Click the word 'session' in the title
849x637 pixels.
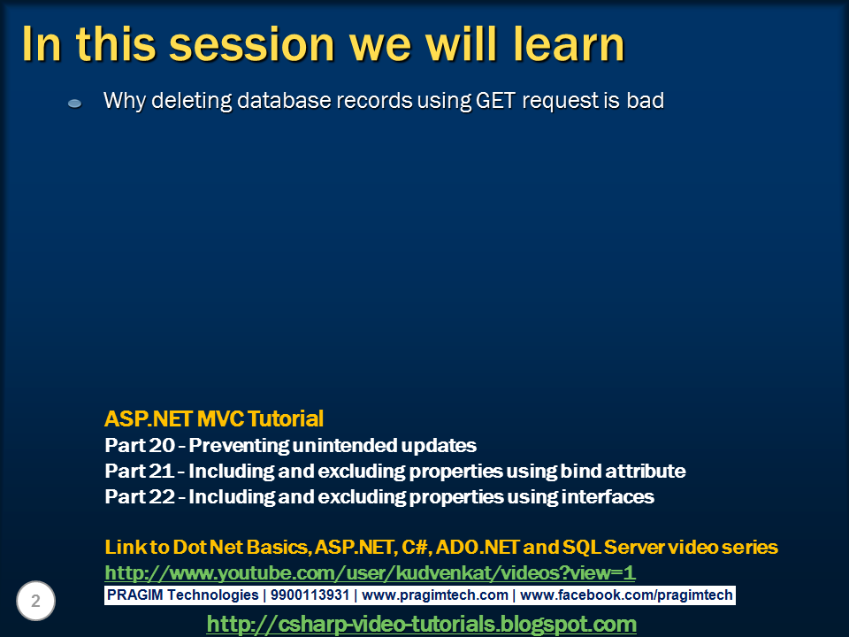pyautogui.click(x=258, y=44)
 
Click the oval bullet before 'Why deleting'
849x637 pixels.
pyautogui.click(x=75, y=104)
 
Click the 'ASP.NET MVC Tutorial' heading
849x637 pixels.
pyautogui.click(x=214, y=418)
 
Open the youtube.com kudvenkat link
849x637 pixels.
pyautogui.click(x=370, y=572)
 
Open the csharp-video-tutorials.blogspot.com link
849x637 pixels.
pyautogui.click(x=421, y=624)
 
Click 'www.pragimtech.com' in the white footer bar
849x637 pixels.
pyautogui.click(x=435, y=595)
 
